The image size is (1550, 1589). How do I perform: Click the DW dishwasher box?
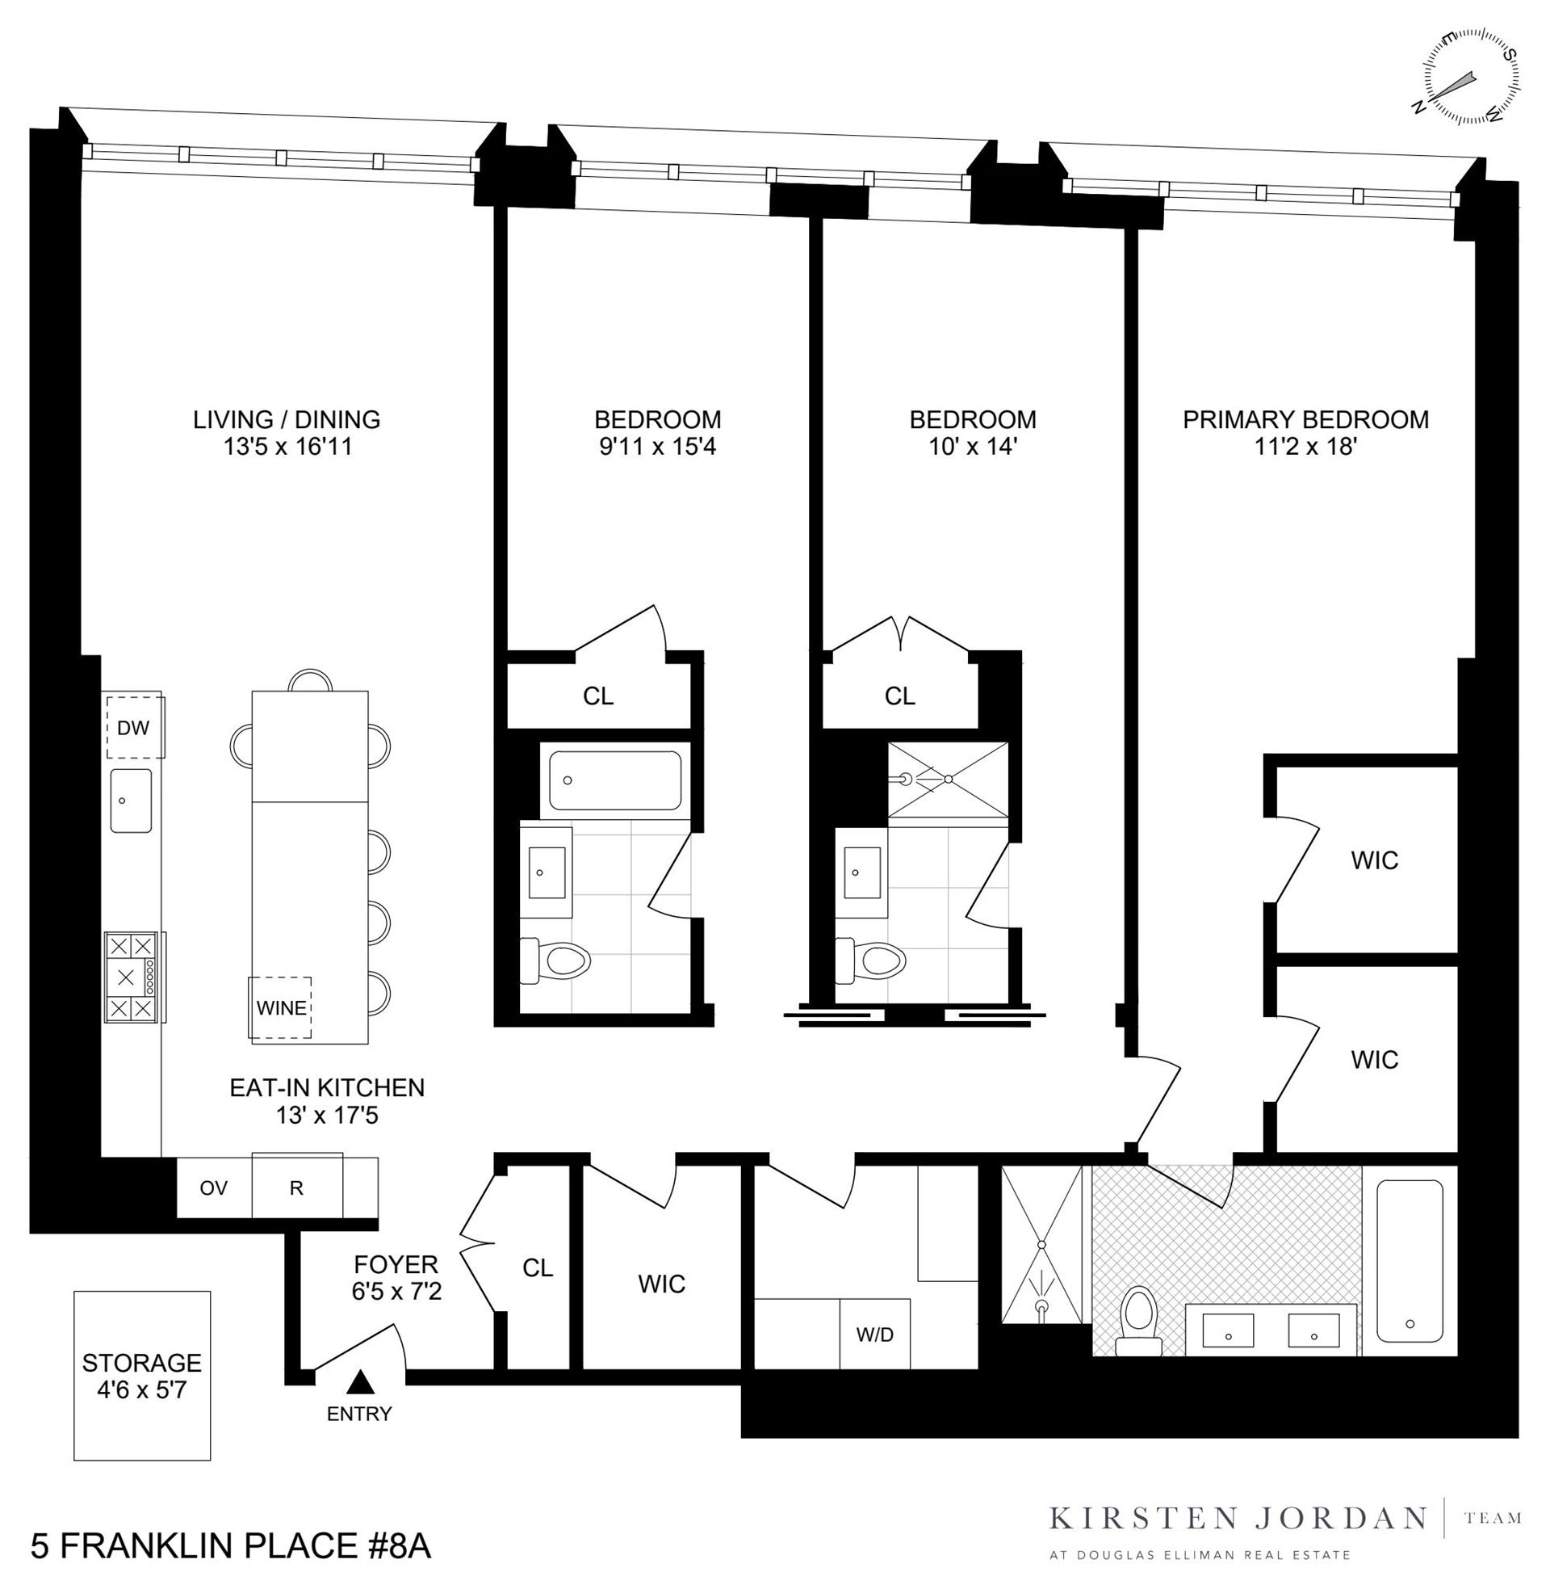pos(133,727)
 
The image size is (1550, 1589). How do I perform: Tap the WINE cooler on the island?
pos(281,1007)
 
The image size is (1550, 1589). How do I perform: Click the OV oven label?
pos(213,1188)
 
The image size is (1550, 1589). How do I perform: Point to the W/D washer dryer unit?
pos(874,1334)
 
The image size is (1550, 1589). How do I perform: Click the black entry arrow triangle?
pos(359,1381)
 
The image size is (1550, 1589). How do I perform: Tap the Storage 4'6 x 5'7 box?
pos(141,1375)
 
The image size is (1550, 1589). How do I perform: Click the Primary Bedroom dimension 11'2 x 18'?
pos(1305,448)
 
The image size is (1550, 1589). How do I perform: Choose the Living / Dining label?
pos(287,419)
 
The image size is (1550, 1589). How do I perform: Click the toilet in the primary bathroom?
pos(1138,1321)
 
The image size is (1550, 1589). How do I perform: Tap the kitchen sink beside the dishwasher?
pos(131,800)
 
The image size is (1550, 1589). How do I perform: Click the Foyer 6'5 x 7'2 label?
pos(396,1277)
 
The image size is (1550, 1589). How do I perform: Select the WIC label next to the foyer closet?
pos(661,1284)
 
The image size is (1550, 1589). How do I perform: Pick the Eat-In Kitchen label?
pos(326,1087)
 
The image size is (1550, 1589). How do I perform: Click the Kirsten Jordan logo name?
pos(1238,1519)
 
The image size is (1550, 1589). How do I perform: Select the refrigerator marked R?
pos(296,1188)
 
